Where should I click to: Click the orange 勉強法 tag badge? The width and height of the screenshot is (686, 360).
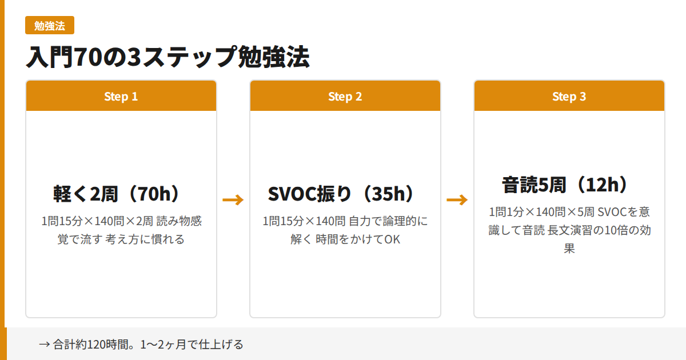[x=50, y=26]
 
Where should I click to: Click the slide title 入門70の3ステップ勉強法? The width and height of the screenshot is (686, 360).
[x=167, y=57]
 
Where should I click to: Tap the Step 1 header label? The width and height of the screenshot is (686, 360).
[x=121, y=97]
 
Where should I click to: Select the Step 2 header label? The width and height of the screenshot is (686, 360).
[x=345, y=97]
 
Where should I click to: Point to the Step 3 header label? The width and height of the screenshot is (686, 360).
[x=569, y=97]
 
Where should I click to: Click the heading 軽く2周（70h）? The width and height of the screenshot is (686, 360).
[x=121, y=194]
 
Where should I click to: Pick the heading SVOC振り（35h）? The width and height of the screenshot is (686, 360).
[x=345, y=194]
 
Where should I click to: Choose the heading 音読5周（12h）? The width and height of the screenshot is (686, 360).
[x=569, y=185]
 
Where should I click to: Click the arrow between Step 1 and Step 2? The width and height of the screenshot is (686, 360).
[x=233, y=199]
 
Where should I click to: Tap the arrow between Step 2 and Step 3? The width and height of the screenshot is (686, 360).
[x=457, y=199]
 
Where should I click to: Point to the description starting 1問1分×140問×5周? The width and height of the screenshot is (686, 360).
[x=569, y=230]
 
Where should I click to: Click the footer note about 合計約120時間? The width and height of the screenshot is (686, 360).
[x=141, y=345]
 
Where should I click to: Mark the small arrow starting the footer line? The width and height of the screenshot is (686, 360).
[x=44, y=345]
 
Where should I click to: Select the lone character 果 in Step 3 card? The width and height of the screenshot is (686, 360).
[x=569, y=250]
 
